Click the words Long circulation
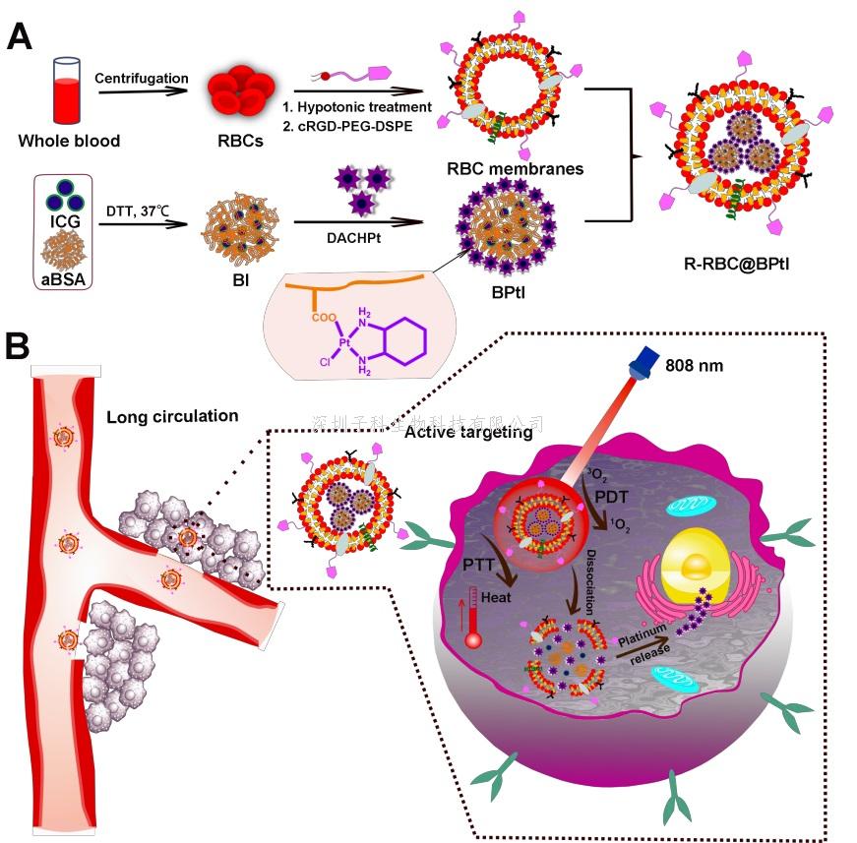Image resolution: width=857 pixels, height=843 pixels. click(172, 416)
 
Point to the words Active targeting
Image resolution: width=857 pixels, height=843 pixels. click(468, 431)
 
